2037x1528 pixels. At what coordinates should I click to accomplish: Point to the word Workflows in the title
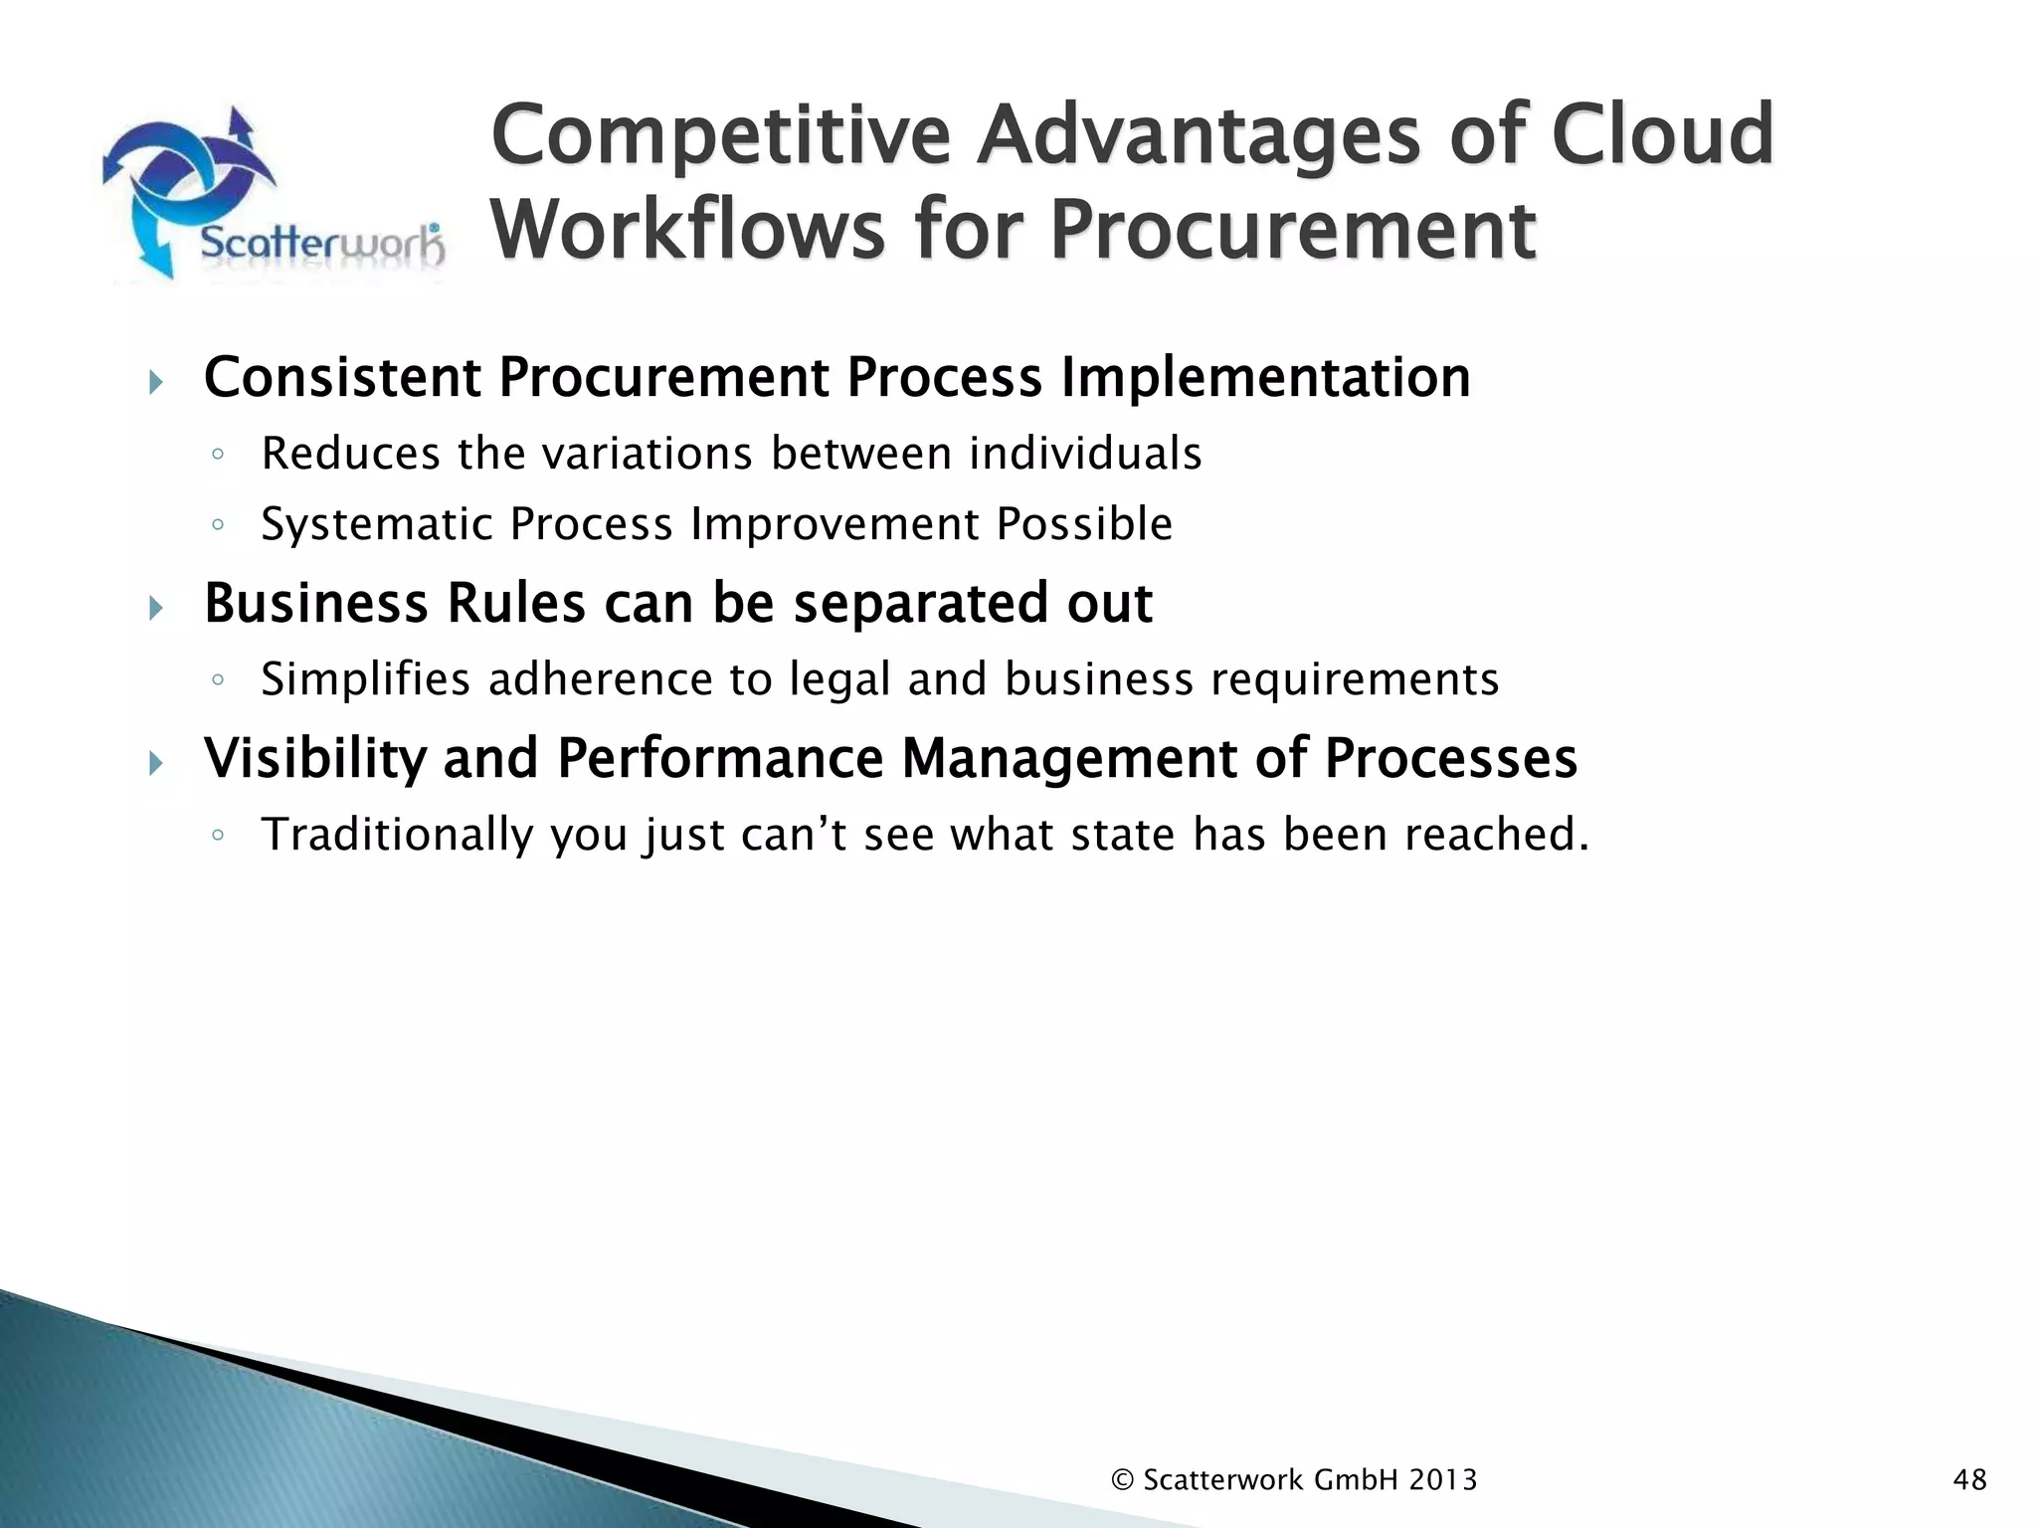(x=687, y=230)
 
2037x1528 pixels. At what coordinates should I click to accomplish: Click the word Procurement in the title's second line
(x=1292, y=230)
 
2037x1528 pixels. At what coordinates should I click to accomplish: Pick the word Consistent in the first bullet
(x=342, y=378)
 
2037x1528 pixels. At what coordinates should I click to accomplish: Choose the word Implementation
(x=1264, y=378)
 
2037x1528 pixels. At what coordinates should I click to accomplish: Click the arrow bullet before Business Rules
(x=155, y=607)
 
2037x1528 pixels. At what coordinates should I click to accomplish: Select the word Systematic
(x=377, y=524)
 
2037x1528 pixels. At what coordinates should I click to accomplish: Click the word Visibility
(x=314, y=758)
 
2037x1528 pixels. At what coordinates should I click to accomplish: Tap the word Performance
(x=720, y=758)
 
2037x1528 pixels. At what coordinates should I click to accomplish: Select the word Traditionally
(x=397, y=835)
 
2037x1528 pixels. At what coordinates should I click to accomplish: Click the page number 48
(x=1969, y=1480)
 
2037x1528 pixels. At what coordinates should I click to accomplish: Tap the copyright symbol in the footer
(x=1122, y=1480)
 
